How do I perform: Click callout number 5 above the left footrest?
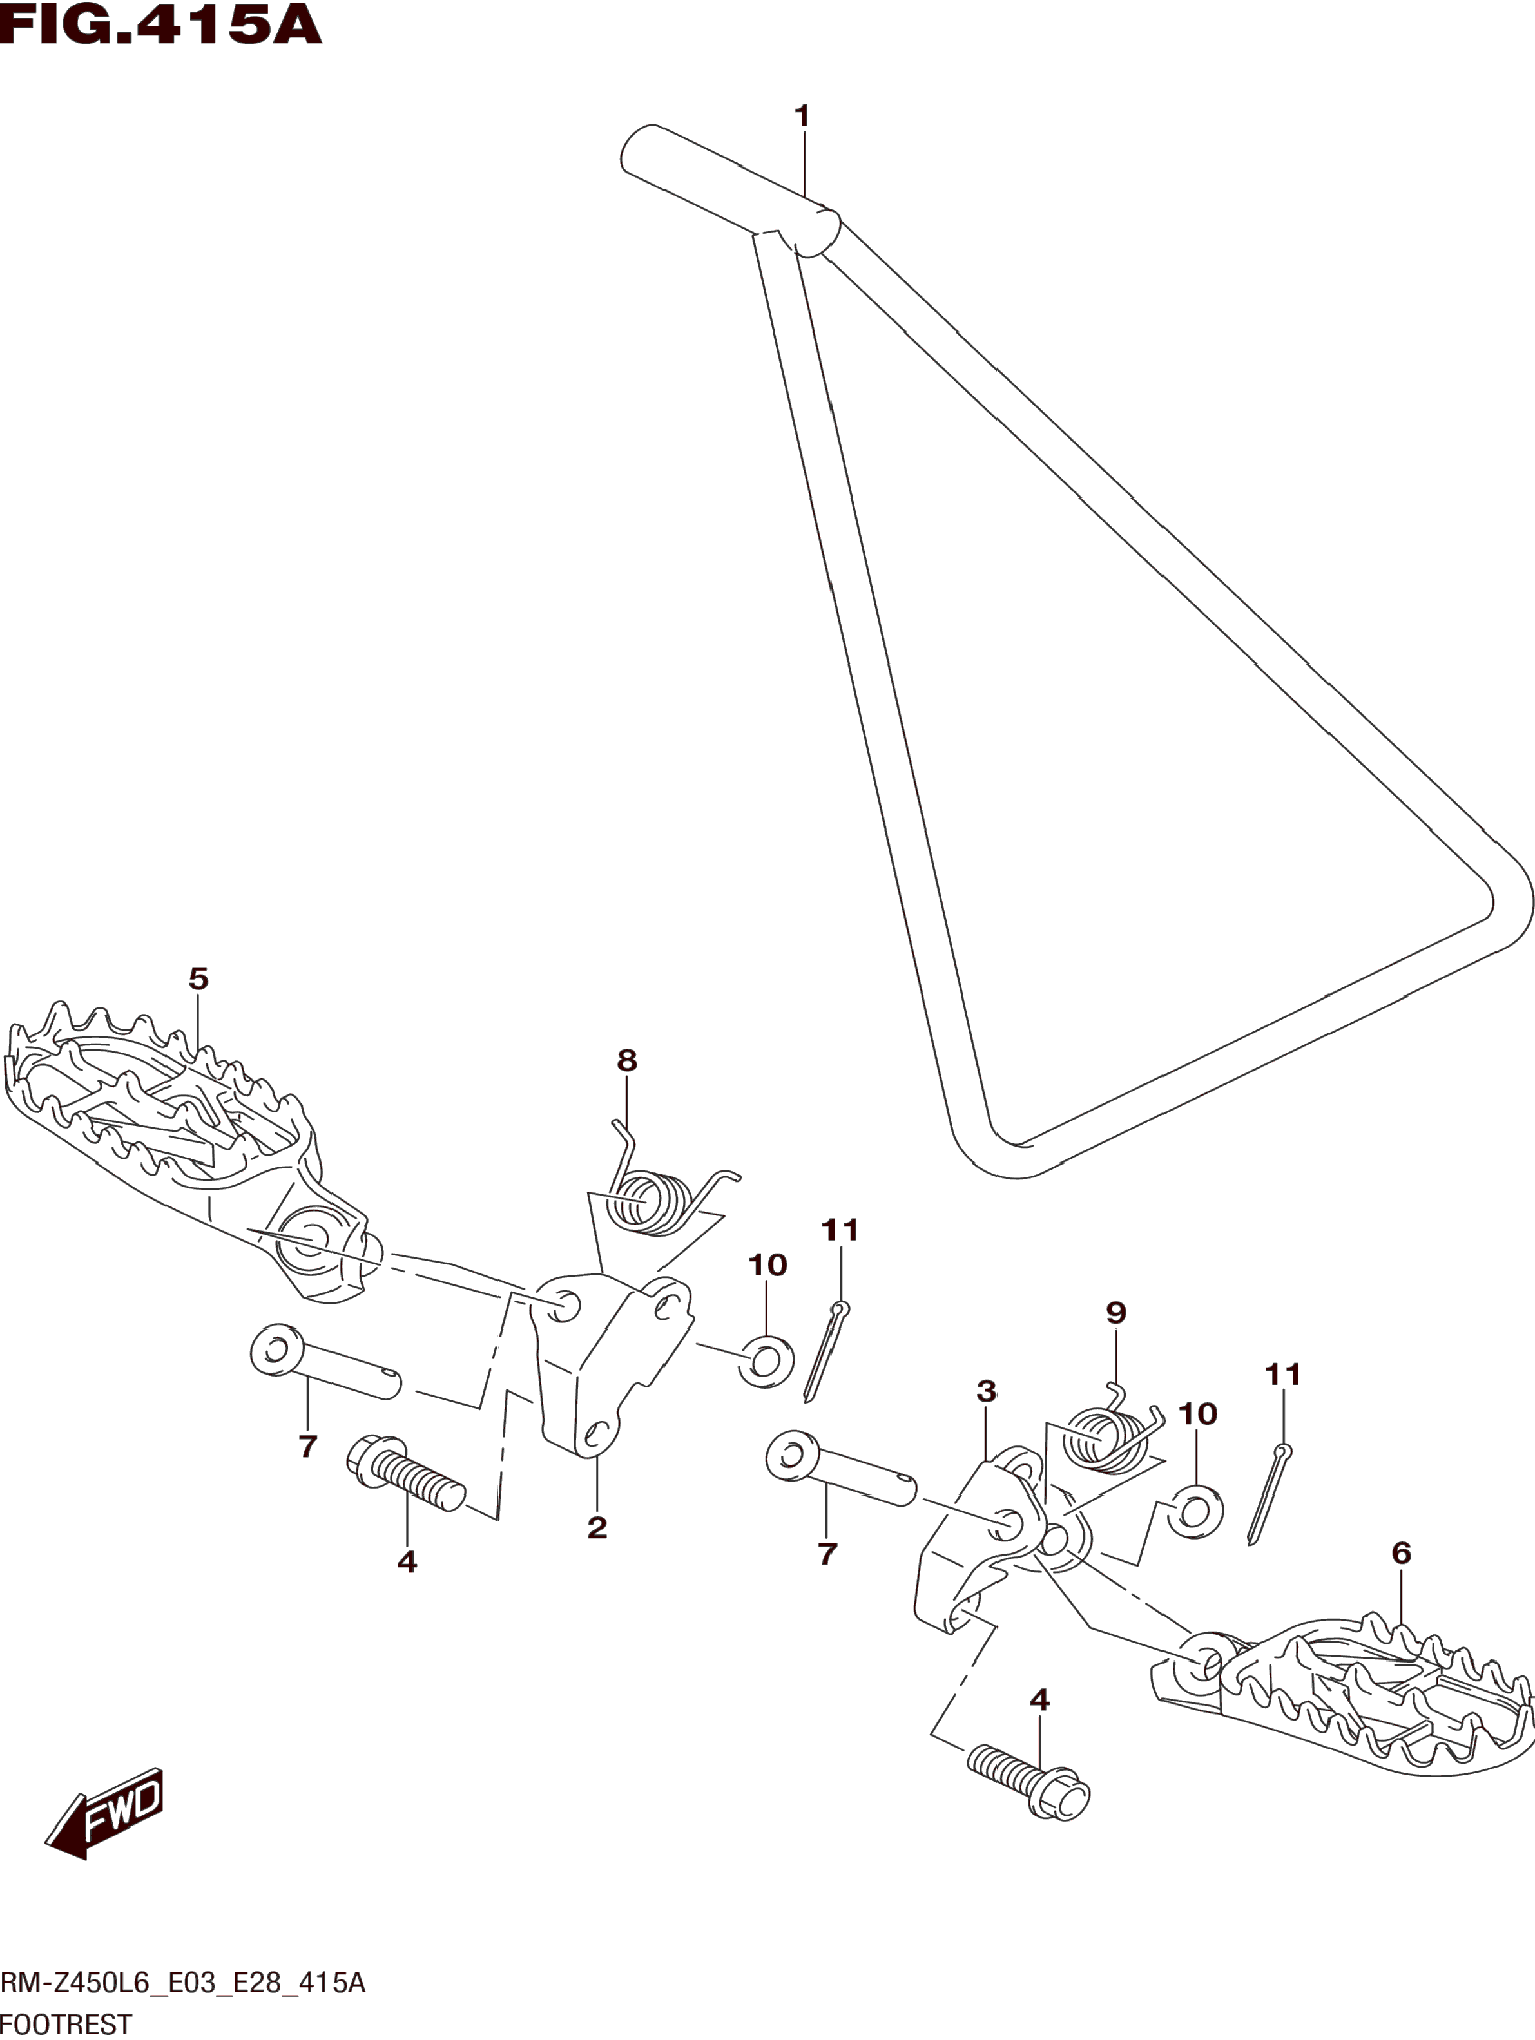[198, 978]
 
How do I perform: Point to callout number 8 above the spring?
[626, 1060]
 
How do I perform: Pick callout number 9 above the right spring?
[1116, 1312]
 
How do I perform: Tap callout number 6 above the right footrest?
[1400, 1554]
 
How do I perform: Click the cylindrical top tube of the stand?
[729, 189]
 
